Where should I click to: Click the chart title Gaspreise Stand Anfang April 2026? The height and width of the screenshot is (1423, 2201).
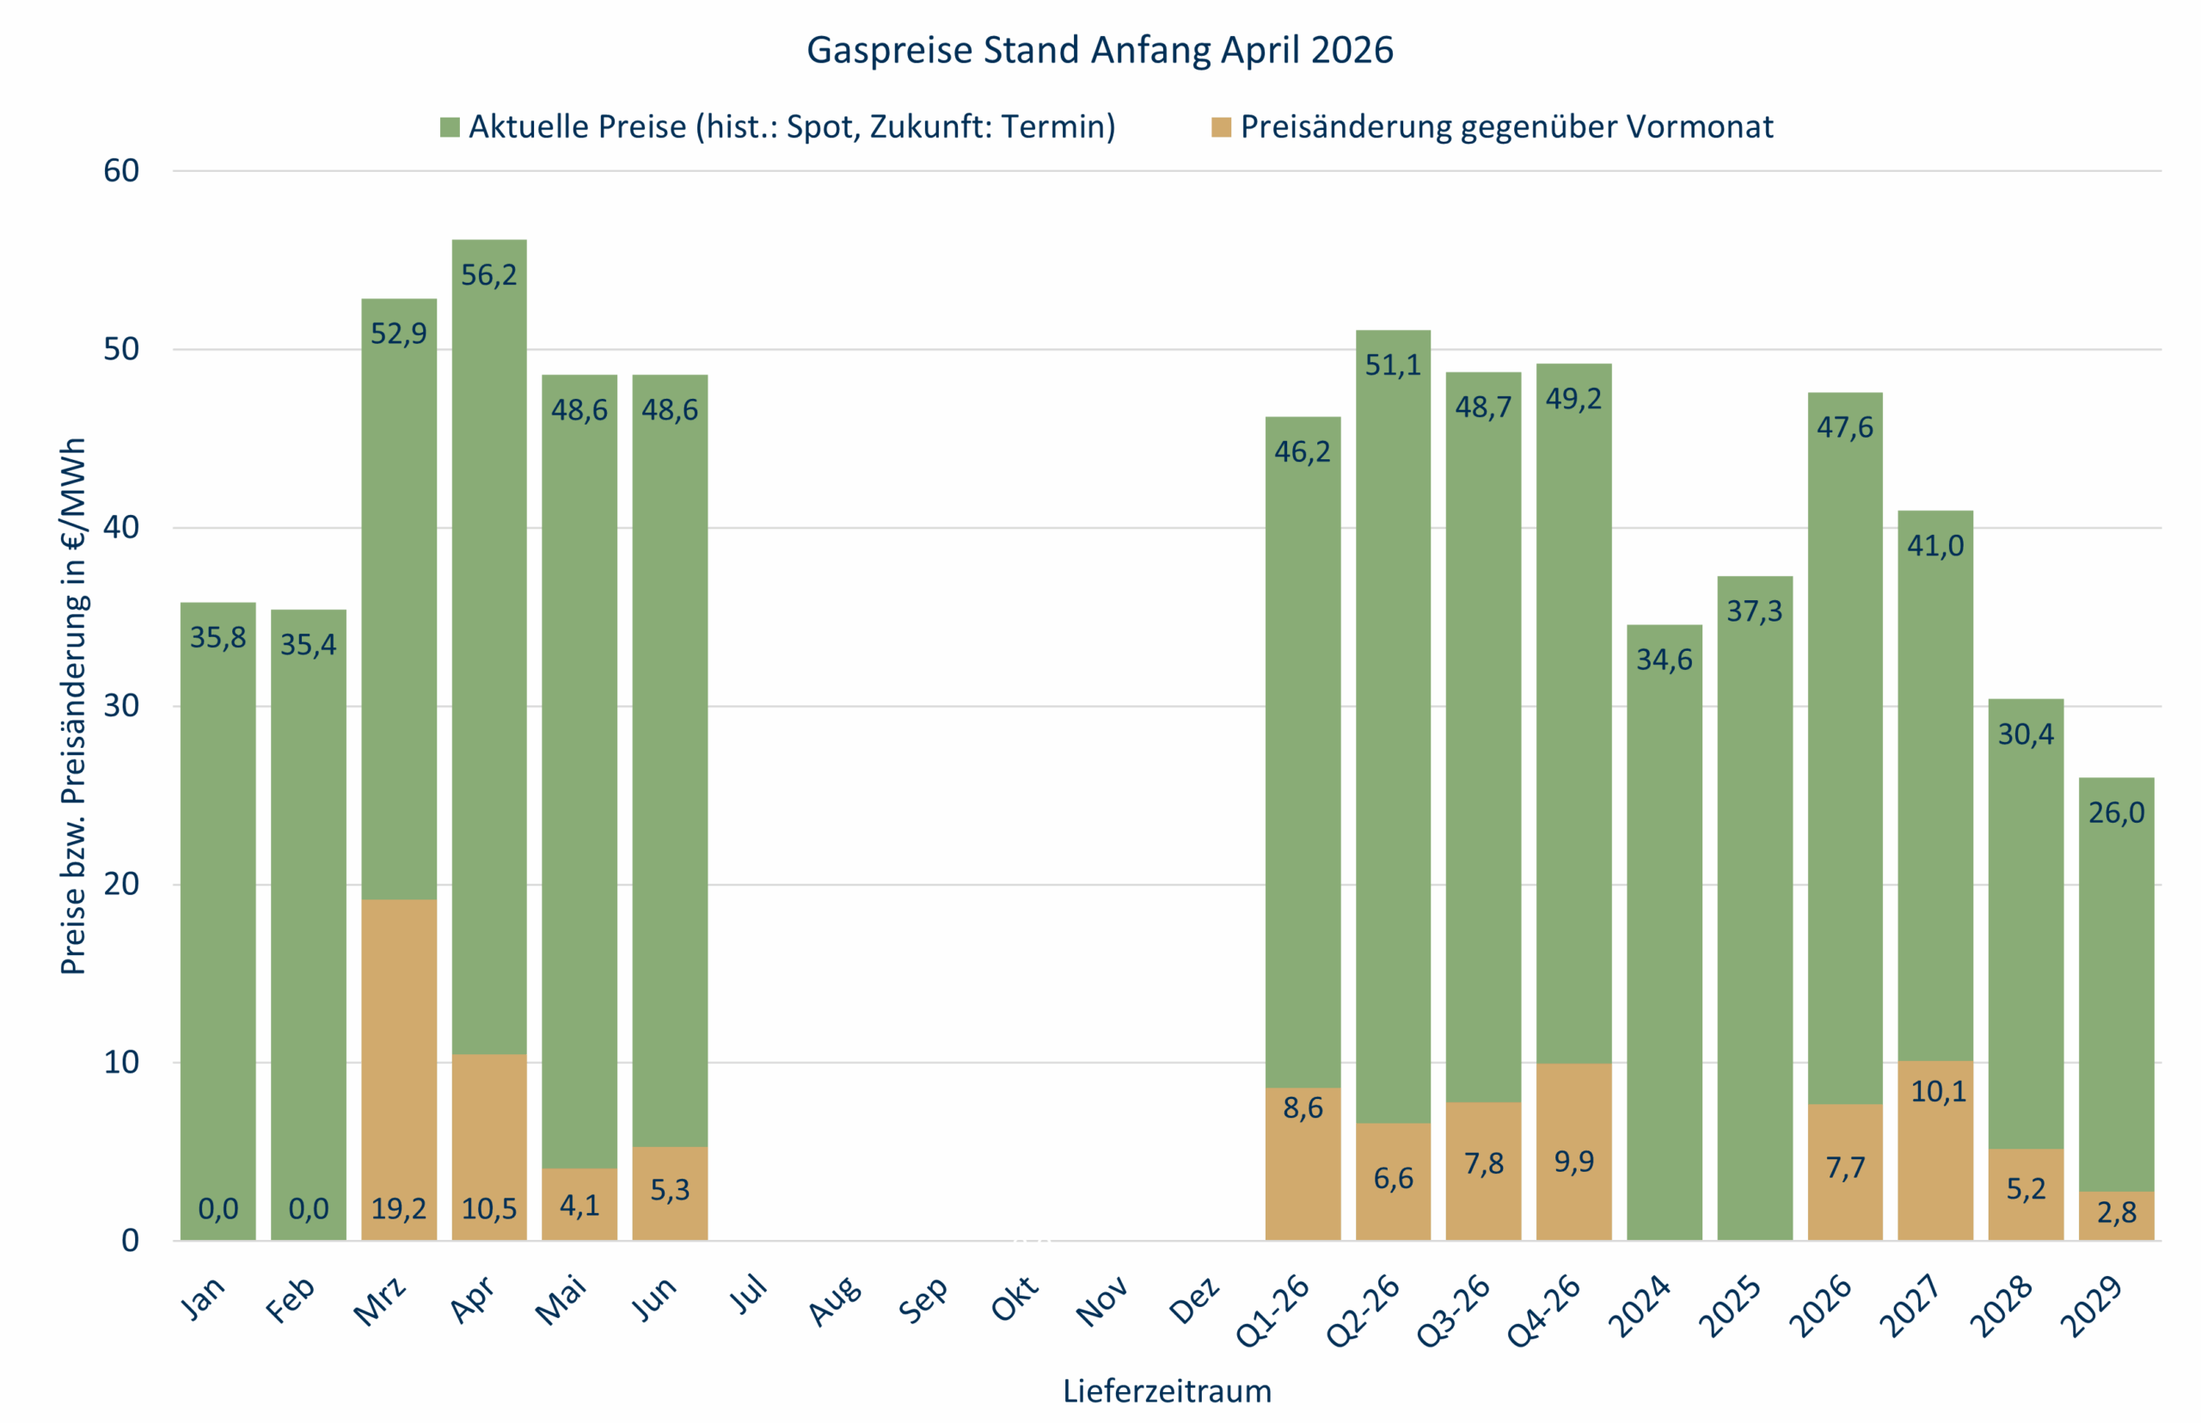pyautogui.click(x=1100, y=50)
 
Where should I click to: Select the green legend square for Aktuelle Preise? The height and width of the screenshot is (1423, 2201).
pyautogui.click(x=450, y=127)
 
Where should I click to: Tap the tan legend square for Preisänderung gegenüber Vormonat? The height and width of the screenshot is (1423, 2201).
pyautogui.click(x=1221, y=127)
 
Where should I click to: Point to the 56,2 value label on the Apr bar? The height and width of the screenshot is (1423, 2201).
pyautogui.click(x=489, y=274)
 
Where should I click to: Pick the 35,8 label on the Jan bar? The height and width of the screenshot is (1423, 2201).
pyautogui.click(x=218, y=638)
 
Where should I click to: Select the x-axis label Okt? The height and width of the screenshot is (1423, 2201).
pyautogui.click(x=1015, y=1297)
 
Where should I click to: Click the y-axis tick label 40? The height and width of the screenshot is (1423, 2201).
pyautogui.click(x=121, y=528)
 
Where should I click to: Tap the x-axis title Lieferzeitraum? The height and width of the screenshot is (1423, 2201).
pyautogui.click(x=1166, y=1390)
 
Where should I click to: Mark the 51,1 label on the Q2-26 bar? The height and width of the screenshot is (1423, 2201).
pyautogui.click(x=1393, y=365)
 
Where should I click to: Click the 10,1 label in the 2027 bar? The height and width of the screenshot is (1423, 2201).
pyautogui.click(x=1938, y=1091)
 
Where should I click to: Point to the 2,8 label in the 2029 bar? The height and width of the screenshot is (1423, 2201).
pyautogui.click(x=2116, y=1212)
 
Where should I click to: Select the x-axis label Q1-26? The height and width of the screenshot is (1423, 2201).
pyautogui.click(x=1273, y=1310)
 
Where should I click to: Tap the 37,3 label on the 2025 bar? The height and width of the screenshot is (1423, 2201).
pyautogui.click(x=1754, y=610)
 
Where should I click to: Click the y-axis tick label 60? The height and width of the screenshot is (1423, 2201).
pyautogui.click(x=121, y=171)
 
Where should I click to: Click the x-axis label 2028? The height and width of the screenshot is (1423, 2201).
pyautogui.click(x=2002, y=1304)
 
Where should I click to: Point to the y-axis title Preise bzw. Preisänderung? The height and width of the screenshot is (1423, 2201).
pyautogui.click(x=73, y=706)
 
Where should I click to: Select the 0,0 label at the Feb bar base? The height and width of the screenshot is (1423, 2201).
pyautogui.click(x=309, y=1209)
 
